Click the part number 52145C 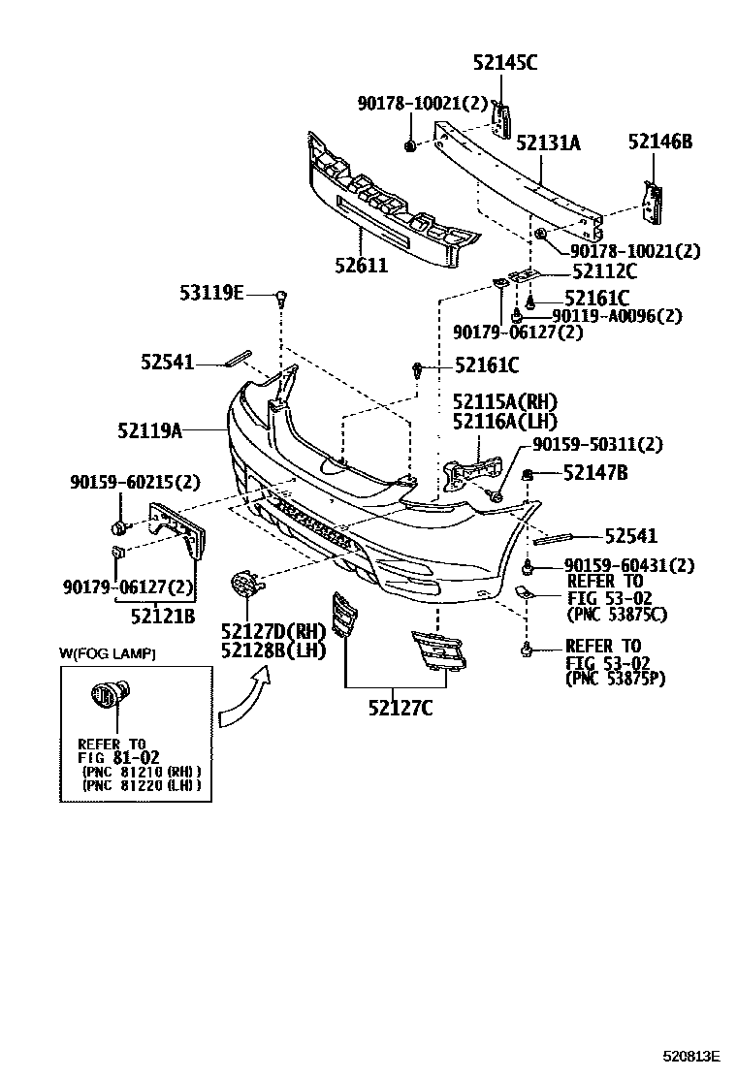[504, 63]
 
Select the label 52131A [548, 143]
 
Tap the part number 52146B [659, 142]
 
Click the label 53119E [212, 292]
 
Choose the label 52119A [151, 428]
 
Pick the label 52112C [604, 272]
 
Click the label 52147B [594, 473]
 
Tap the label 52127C [400, 707]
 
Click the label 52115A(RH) [505, 401]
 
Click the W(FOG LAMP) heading [108, 654]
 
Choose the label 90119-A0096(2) [618, 315]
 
